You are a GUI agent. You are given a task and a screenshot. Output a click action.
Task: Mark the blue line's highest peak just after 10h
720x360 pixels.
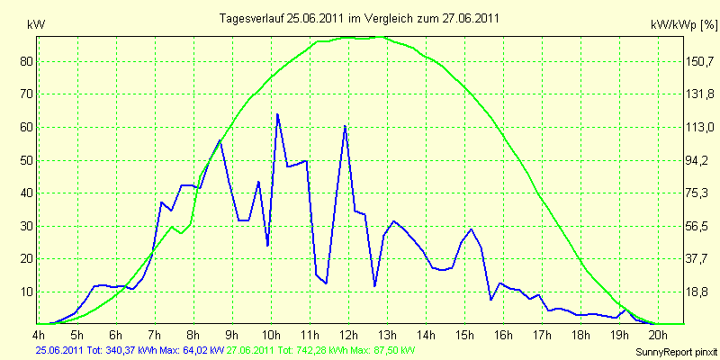coord(277,114)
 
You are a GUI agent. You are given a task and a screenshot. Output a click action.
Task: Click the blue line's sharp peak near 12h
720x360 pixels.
coord(345,126)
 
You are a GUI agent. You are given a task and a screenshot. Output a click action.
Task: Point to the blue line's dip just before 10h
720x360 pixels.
coord(267,246)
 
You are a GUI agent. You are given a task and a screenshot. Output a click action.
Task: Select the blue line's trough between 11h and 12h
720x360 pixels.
coord(326,283)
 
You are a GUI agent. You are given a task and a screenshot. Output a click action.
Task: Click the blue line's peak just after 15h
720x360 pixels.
coord(471,229)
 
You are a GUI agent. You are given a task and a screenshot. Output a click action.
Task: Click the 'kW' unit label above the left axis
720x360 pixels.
coord(36,25)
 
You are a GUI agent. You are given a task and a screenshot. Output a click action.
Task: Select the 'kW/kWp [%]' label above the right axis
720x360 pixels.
coord(684,25)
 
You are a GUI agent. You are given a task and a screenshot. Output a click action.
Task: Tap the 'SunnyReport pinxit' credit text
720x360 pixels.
coord(677,352)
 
